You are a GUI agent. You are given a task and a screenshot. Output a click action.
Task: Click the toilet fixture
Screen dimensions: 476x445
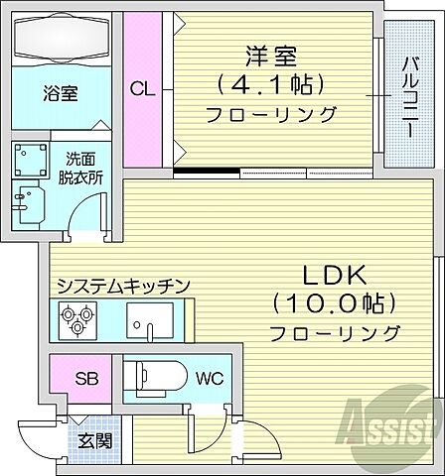click(x=155, y=377)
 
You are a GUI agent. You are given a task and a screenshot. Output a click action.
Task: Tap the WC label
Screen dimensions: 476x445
click(x=210, y=378)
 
